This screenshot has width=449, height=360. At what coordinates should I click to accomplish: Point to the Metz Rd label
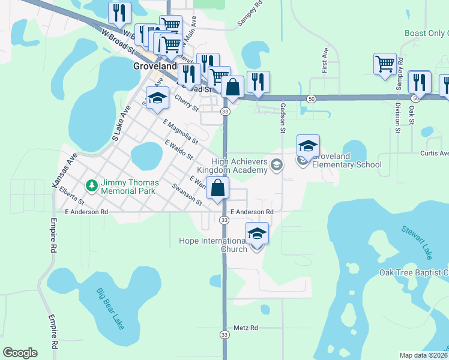coord(246,328)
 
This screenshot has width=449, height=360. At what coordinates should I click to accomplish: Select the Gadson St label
coord(281,115)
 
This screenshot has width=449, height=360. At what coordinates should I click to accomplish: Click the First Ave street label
coord(325,58)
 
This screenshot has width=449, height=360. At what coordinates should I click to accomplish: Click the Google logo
coord(20,353)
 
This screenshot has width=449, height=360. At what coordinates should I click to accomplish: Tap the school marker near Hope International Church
coord(257,233)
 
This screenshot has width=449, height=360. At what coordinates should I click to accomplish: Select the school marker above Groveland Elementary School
coord(308,146)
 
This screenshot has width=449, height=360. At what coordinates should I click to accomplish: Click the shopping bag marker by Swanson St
coord(217,188)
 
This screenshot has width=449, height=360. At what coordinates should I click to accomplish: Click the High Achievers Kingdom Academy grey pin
coord(277,164)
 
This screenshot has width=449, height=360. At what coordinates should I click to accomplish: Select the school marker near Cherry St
coord(157,98)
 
